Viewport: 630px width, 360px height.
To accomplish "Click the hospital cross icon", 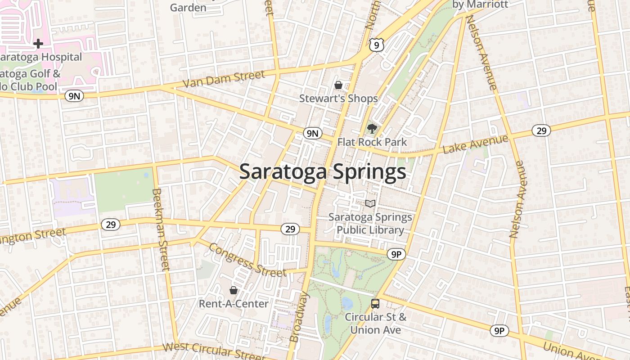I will [x=38, y=44].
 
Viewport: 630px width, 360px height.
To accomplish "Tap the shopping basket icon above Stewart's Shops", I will [x=338, y=85].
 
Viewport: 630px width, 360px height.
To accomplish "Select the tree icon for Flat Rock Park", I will [x=372, y=129].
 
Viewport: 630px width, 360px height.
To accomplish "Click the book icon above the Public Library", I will [x=370, y=204].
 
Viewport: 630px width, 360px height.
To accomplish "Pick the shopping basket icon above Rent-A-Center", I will [x=234, y=290].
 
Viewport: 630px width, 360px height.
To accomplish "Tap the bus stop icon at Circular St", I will [x=375, y=303].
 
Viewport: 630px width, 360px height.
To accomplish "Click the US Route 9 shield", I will [x=377, y=44].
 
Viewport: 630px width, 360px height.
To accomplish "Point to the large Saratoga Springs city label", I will [x=322, y=172].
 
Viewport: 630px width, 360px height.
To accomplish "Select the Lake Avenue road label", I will [x=476, y=144].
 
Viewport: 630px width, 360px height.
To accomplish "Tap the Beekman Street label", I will [x=161, y=229].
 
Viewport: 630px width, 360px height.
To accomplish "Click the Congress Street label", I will [x=247, y=261].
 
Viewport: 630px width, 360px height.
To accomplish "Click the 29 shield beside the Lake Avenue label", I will [x=541, y=130].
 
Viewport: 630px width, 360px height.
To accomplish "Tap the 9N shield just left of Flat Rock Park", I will [x=313, y=133].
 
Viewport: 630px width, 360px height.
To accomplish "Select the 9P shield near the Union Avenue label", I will [x=499, y=331].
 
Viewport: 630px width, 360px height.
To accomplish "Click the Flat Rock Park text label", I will [x=372, y=142].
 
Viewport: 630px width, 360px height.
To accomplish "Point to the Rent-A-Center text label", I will [x=234, y=304].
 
